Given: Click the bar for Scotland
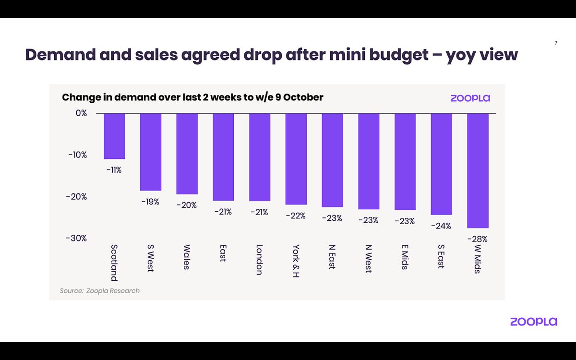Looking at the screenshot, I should [114, 136].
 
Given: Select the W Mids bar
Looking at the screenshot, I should [478, 170].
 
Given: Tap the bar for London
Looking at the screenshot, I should [260, 157].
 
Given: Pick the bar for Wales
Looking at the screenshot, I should [187, 154].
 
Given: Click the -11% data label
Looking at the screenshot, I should [114, 169].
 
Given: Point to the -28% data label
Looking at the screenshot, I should [478, 239].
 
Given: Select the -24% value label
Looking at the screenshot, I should [441, 225].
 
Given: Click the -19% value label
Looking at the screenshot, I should [150, 202].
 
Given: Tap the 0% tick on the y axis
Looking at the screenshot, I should [81, 113].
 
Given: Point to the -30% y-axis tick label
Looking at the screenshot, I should [77, 239].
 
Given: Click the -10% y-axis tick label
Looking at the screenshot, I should [77, 155].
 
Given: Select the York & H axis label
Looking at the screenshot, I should [296, 262].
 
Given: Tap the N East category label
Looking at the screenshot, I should [332, 258].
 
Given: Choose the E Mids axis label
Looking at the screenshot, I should [405, 257].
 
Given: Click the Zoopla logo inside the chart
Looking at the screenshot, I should [470, 98].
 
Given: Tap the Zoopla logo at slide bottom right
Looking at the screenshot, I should [533, 322].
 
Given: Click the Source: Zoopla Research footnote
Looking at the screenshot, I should [100, 291].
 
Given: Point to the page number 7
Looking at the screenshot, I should [556, 43].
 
